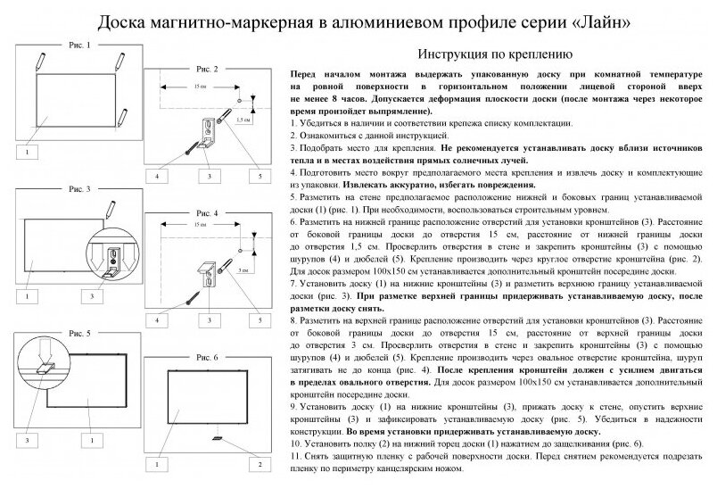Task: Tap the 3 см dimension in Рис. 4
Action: pos(243,269)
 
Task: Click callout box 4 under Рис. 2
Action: pos(157,177)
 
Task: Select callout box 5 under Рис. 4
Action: pos(260,319)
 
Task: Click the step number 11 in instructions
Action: pos(296,455)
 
